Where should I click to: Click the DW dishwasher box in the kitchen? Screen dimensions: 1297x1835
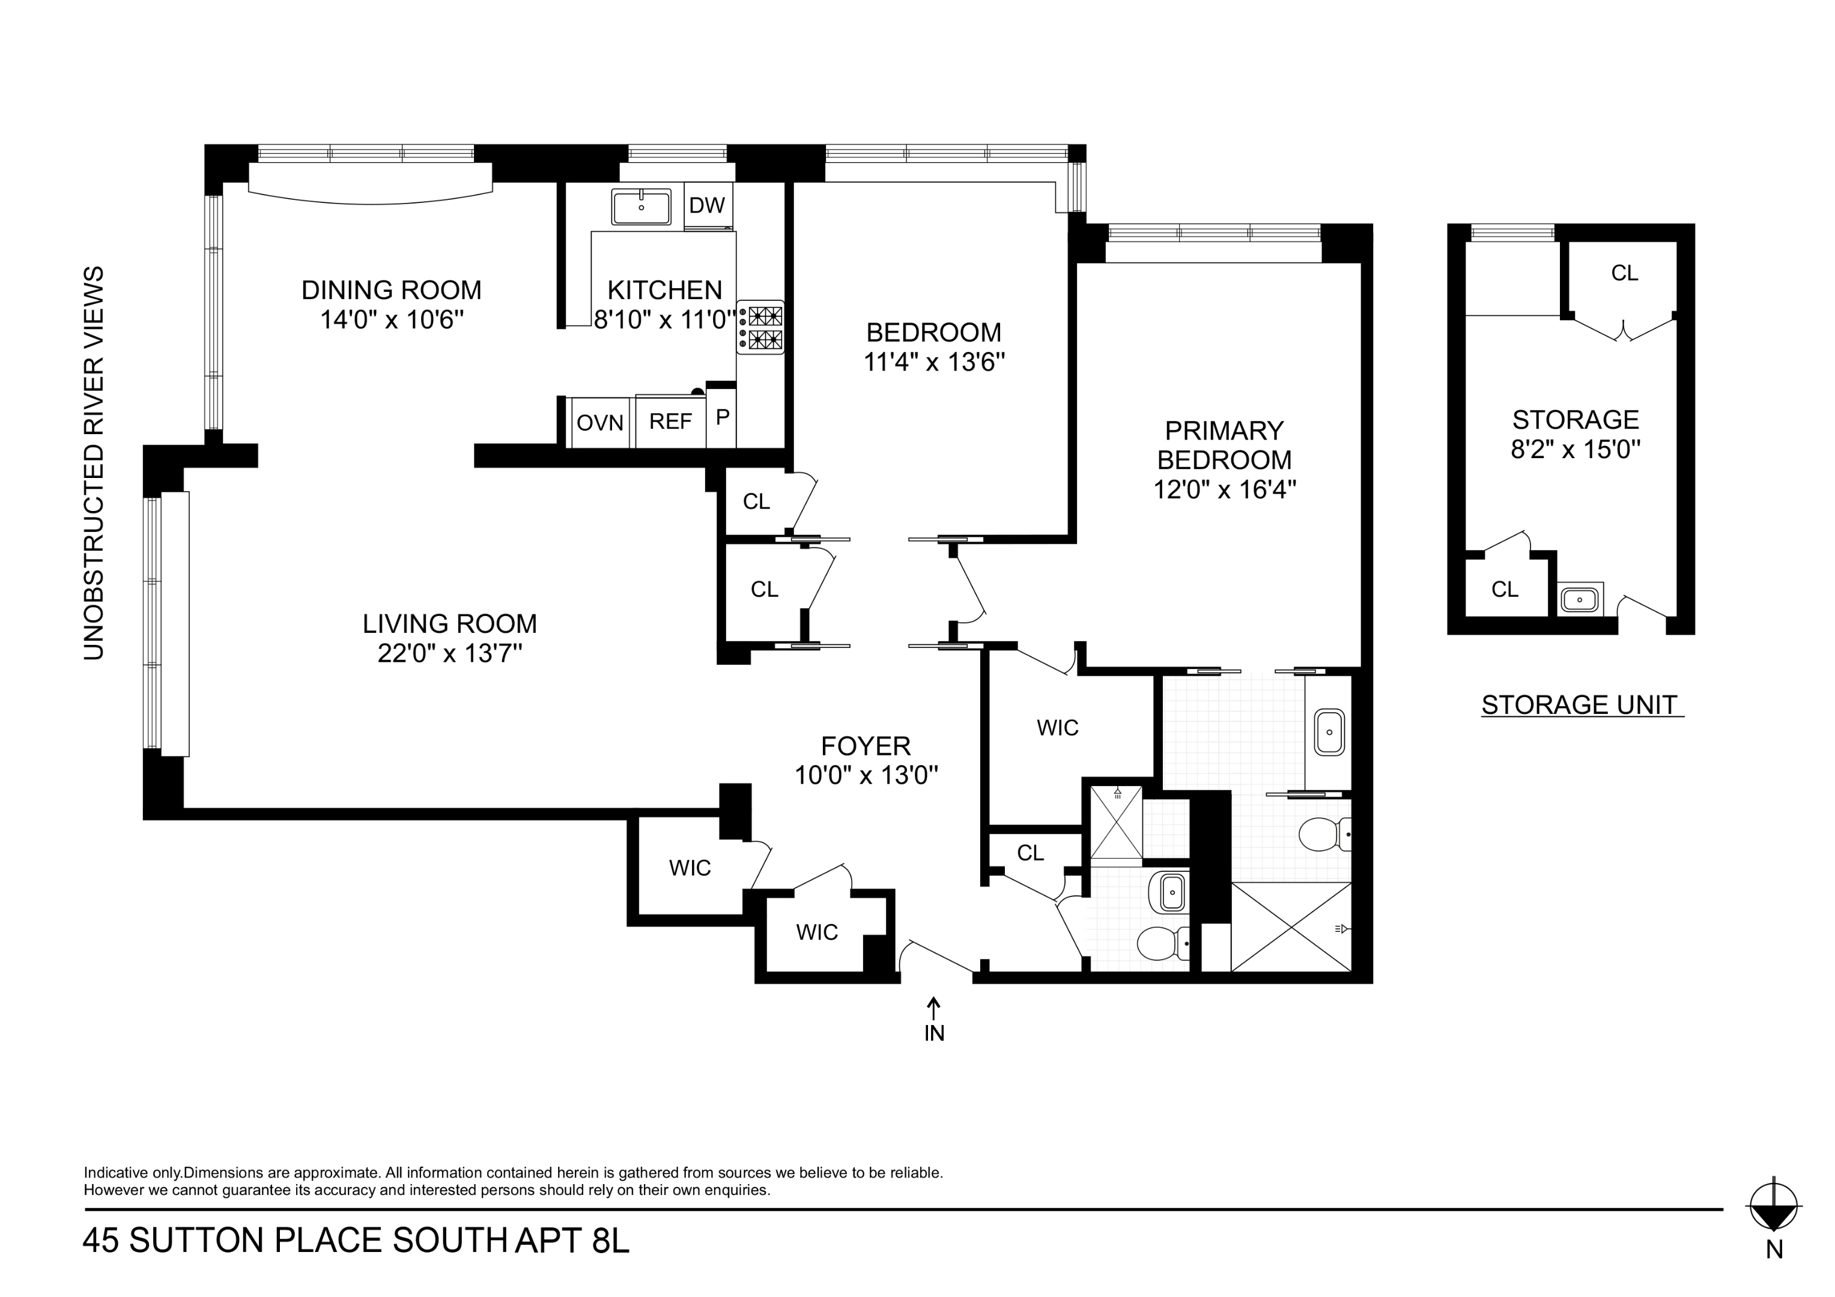tap(706, 205)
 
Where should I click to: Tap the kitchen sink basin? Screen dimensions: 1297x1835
tap(641, 207)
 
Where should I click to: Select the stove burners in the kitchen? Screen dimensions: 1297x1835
tap(760, 328)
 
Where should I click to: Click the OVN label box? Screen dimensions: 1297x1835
tap(599, 422)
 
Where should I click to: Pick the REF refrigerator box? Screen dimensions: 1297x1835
tap(670, 421)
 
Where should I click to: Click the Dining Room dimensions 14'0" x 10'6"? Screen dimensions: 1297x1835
tap(392, 319)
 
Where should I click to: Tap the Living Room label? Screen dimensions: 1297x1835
tap(449, 623)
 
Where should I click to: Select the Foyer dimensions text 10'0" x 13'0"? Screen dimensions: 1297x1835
tap(866, 775)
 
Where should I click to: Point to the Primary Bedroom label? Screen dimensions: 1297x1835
tap(1224, 445)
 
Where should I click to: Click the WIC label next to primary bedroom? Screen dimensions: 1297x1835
tap(1057, 727)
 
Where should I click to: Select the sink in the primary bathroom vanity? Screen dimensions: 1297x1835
tap(1330, 731)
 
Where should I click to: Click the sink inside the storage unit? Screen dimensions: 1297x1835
tap(1579, 599)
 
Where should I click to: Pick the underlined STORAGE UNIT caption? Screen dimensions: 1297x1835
tap(1582, 705)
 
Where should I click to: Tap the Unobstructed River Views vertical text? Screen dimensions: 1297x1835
tap(94, 463)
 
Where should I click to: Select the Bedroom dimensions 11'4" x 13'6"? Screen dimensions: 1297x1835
tap(933, 362)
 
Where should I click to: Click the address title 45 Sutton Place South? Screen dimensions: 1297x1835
tap(296, 1241)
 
